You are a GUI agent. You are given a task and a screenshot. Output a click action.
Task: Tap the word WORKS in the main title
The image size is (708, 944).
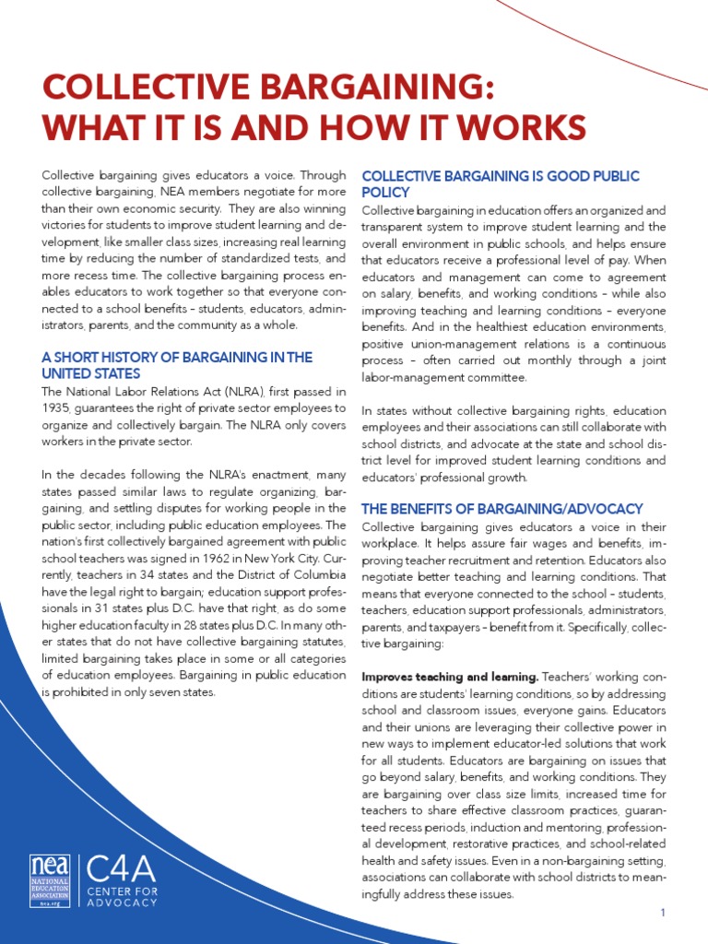tap(520, 127)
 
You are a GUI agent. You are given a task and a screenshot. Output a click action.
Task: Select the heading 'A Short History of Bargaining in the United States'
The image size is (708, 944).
tap(177, 365)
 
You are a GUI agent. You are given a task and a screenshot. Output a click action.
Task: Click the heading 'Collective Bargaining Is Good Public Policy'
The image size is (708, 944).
tap(500, 183)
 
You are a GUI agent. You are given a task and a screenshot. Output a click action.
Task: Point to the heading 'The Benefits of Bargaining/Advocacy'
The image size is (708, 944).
tap(501, 509)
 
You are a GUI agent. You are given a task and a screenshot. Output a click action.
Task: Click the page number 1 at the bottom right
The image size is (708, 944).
tap(662, 912)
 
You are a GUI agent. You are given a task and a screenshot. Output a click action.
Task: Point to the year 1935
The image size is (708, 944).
tap(58, 407)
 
